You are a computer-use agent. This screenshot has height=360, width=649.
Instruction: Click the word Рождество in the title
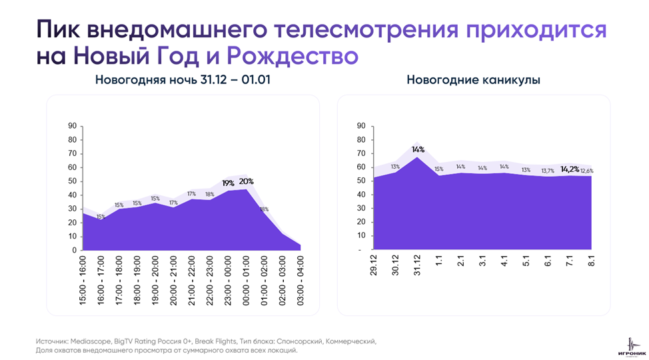click(x=293, y=56)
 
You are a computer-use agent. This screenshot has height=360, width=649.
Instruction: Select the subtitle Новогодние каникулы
click(x=473, y=80)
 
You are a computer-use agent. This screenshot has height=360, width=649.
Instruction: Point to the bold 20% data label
click(x=247, y=181)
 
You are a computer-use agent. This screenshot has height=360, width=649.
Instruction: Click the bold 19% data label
click(x=228, y=183)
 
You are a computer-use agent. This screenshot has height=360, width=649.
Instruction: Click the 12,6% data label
click(x=587, y=171)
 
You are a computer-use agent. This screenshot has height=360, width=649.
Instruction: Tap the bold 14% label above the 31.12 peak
click(x=418, y=150)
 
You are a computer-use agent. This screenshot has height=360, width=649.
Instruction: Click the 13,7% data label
click(x=548, y=171)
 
